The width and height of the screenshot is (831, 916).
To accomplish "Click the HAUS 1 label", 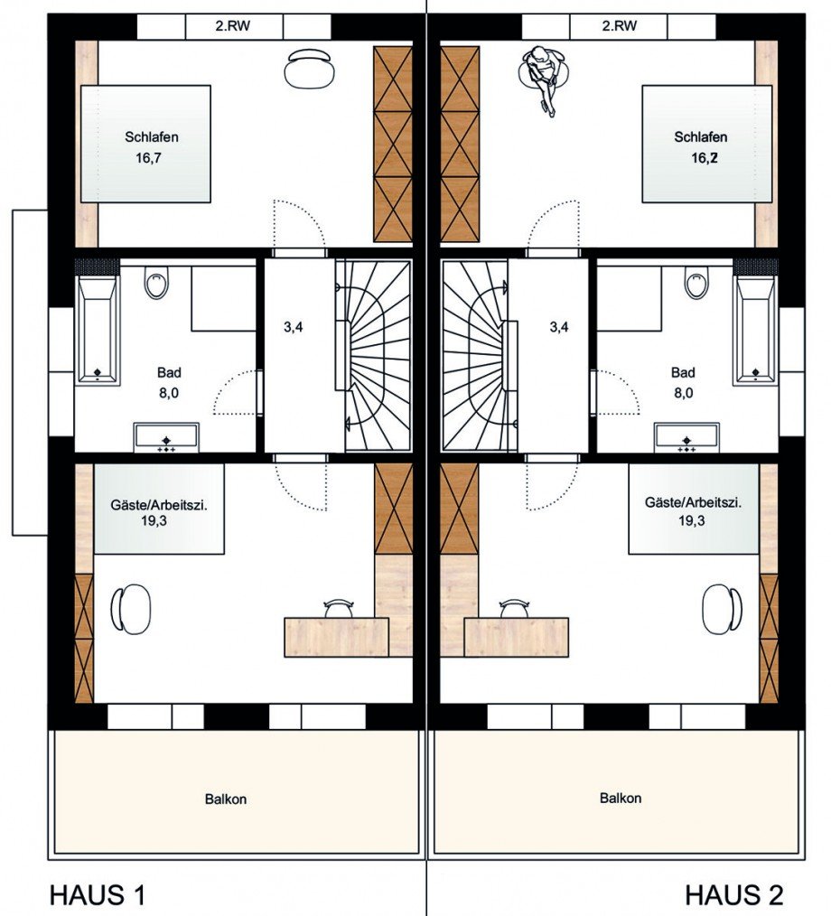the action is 97,894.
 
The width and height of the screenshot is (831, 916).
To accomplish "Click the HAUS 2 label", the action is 734,894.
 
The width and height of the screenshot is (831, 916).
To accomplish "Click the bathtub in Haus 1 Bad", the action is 97,330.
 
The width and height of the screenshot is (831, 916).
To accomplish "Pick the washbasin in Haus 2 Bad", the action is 686,437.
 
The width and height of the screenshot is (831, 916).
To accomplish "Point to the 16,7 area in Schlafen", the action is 148,158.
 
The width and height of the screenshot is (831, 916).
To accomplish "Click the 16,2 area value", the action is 705,158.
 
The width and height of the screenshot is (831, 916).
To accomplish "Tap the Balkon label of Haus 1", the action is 226,799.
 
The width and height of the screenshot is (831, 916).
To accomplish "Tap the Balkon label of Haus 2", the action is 621,798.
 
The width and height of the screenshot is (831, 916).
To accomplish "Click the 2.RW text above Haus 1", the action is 233,25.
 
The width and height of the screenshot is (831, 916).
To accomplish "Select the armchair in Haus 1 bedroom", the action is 309,67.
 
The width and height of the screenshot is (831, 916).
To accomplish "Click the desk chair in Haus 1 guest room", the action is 340,608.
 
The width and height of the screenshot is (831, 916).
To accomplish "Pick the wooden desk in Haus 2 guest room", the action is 517,637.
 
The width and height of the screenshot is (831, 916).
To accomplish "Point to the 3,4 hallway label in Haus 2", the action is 559,327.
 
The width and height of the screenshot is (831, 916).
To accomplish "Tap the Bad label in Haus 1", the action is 169,373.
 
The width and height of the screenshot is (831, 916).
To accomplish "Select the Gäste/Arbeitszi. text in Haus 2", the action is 693,502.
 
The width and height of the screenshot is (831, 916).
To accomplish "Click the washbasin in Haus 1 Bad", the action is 166,437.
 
